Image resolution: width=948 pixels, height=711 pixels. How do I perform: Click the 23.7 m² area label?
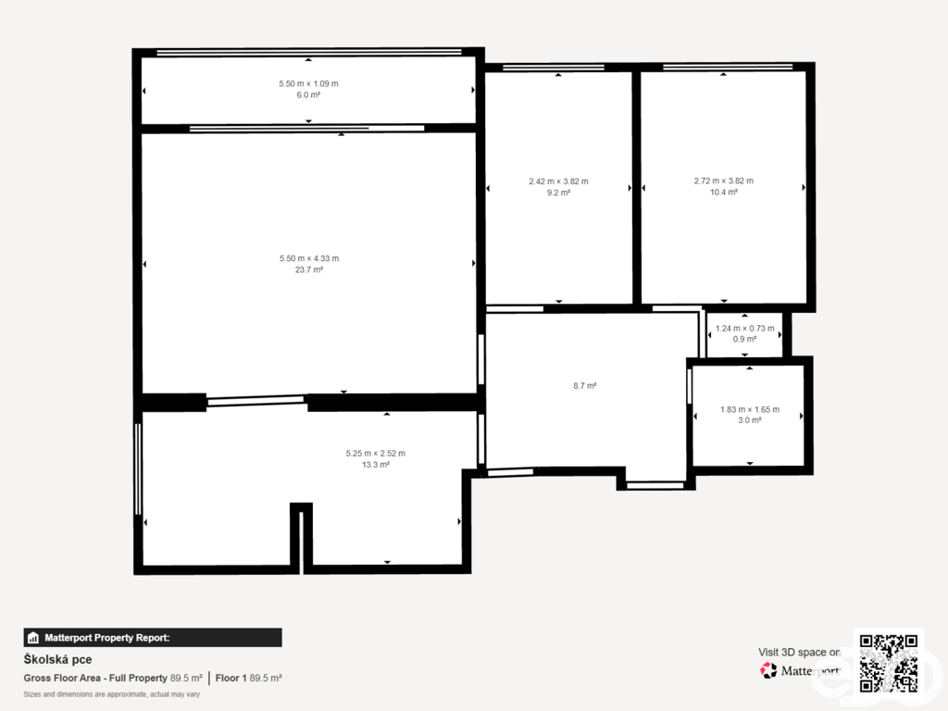pos(309,269)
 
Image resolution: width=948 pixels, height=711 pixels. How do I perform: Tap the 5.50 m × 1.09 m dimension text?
pos(308,83)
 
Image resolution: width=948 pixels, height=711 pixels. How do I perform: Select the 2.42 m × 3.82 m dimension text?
pos(558,181)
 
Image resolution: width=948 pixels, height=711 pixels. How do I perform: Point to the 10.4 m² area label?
pos(724,193)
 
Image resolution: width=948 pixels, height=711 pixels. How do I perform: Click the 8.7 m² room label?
pos(585,386)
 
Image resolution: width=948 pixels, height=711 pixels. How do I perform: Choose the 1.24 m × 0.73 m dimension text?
pos(745,329)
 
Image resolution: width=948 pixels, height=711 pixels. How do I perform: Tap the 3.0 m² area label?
pos(750,420)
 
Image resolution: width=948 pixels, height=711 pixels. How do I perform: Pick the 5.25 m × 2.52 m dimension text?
pos(376,454)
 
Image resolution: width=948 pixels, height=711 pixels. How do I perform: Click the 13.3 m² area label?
pos(376,465)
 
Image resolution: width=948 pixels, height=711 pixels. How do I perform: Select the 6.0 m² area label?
pos(308,95)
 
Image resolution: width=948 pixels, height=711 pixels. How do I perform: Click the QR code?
pos(889,663)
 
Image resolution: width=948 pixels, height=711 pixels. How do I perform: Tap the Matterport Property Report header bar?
pos(153,638)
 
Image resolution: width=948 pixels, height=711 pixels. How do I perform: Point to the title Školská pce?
pos(58,659)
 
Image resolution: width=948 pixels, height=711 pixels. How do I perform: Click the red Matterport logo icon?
pos(768,670)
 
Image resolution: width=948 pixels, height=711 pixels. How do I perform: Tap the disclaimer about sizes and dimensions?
pos(112,694)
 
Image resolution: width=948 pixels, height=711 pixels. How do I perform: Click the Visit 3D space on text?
pos(799,653)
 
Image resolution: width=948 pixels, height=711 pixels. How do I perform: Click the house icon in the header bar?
pos(33,638)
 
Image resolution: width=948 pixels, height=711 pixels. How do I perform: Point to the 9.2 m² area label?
pos(558,193)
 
